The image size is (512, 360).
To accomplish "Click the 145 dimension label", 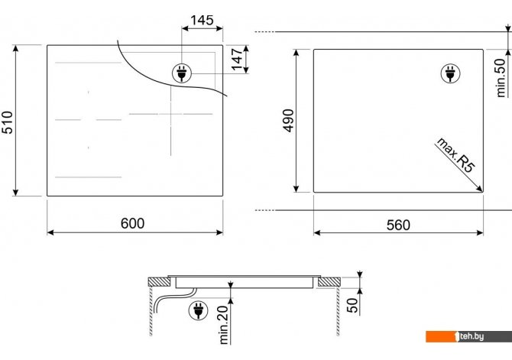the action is (202, 20).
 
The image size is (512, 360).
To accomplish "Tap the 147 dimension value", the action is (238, 59).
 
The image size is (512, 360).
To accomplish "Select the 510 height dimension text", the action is (7, 122).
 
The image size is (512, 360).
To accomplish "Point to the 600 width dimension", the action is (132, 223).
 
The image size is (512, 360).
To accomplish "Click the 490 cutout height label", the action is (288, 121).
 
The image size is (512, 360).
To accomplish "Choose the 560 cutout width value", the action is (398, 225).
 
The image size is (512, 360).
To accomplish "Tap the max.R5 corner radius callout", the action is (455, 155).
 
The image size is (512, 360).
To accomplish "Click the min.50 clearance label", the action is (501, 78).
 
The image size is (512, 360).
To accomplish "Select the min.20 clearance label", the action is (225, 325).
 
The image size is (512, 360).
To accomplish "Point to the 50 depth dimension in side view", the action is (352, 305).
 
